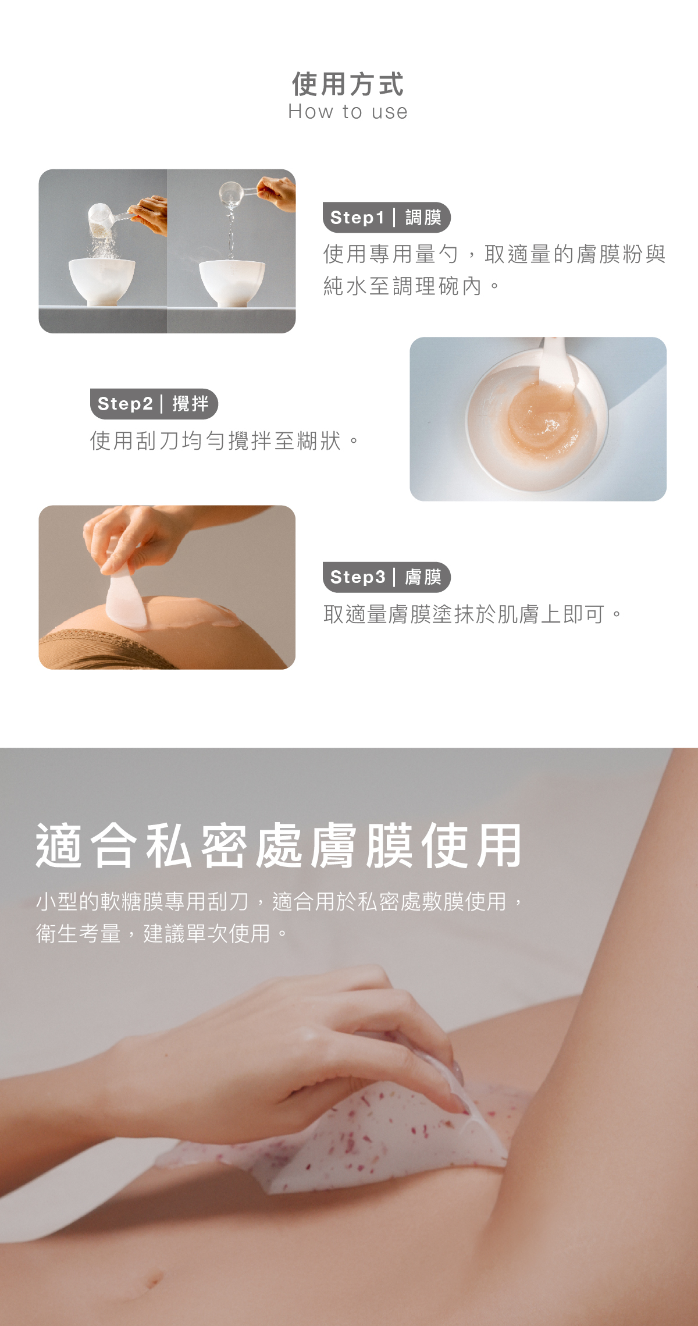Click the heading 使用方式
[348, 84]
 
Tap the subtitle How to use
[348, 111]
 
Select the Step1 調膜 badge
[386, 218]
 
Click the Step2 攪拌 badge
[154, 404]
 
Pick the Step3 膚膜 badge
[386, 577]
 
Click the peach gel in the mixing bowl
[538, 421]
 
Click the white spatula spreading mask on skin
[126, 599]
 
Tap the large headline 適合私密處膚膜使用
[279, 847]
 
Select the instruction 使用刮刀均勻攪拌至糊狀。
[225, 441]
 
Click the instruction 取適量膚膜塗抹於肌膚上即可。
[472, 614]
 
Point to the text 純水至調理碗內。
[411, 286]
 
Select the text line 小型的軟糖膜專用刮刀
[143, 902]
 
